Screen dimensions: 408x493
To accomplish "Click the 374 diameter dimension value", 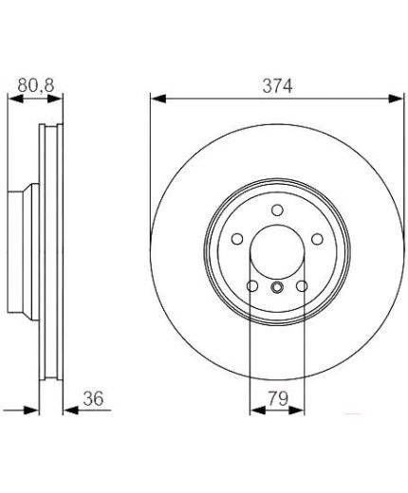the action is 277,85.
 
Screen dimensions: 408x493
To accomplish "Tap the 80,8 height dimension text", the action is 36,85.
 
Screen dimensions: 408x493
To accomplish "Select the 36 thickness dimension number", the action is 93,398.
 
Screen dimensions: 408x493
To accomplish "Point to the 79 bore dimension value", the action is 278,398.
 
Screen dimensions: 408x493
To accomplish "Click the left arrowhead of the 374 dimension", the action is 158,99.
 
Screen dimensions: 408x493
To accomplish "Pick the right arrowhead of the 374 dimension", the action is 396,99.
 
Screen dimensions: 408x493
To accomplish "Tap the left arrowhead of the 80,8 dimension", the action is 15,99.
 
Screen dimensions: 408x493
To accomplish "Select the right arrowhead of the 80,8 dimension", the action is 55,99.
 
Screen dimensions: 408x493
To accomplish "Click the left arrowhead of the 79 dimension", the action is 258,411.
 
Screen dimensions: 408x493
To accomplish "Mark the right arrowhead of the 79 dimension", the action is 296,411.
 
